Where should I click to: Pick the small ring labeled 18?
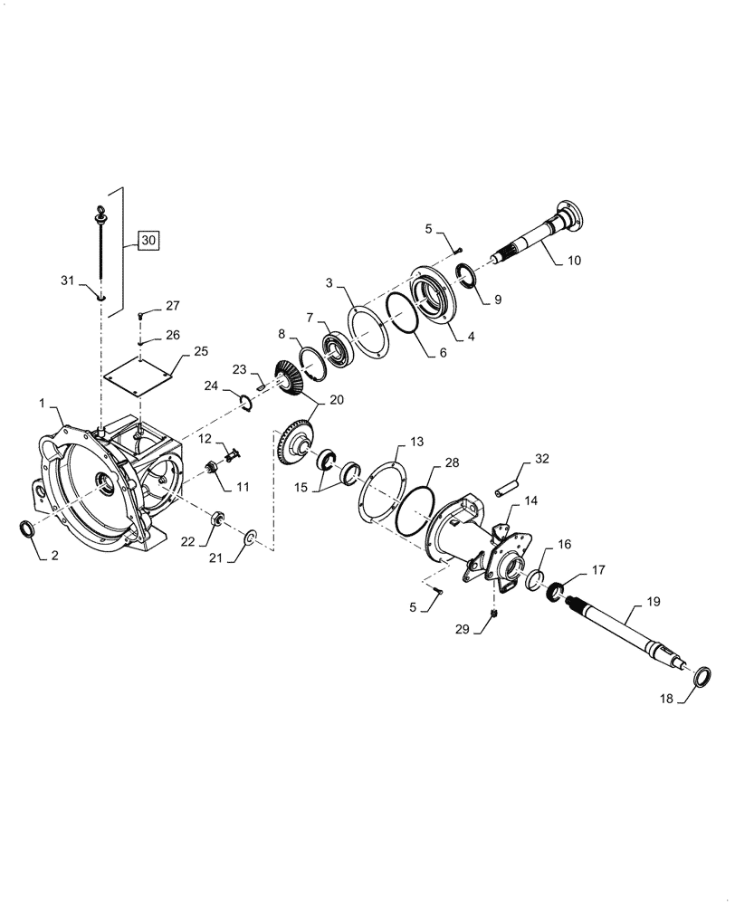coord(701,678)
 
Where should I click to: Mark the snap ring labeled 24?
coord(243,400)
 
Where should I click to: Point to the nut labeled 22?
coord(217,519)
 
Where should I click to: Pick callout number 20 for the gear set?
coord(310,400)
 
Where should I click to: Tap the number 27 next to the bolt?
coord(174,306)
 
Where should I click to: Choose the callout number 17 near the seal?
coord(598,571)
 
